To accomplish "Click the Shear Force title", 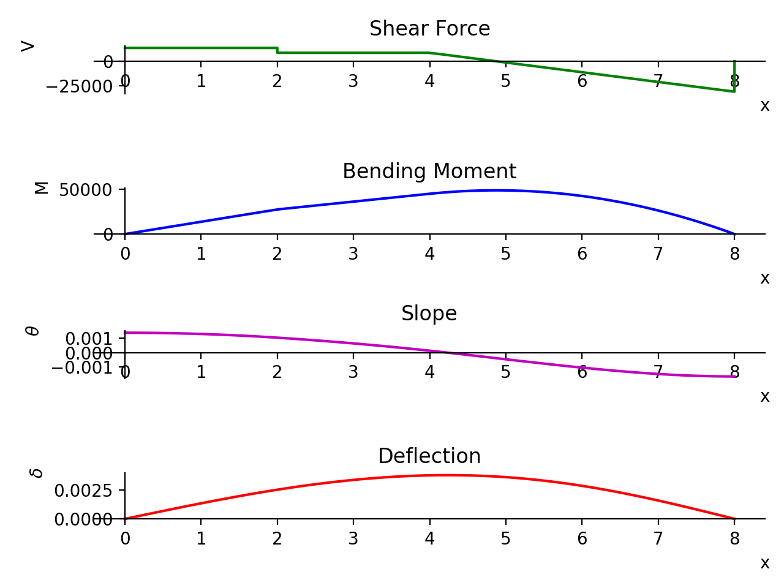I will (429, 29).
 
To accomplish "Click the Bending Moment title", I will (429, 171).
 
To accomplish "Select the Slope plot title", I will (429, 314).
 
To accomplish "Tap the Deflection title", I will (429, 456).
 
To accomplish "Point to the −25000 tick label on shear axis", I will (79, 86).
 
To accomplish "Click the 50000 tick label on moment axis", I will (86, 190).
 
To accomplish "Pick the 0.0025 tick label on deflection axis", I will (83, 491).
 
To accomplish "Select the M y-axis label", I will (41, 187).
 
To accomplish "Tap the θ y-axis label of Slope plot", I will (32, 330).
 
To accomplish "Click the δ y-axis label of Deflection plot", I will (37, 473).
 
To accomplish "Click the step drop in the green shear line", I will (277, 50).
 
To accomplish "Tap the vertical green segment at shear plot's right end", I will (734, 77).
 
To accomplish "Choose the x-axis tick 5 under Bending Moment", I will (505, 254).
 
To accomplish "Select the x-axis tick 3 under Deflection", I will (353, 539).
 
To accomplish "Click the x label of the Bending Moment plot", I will (764, 279).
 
